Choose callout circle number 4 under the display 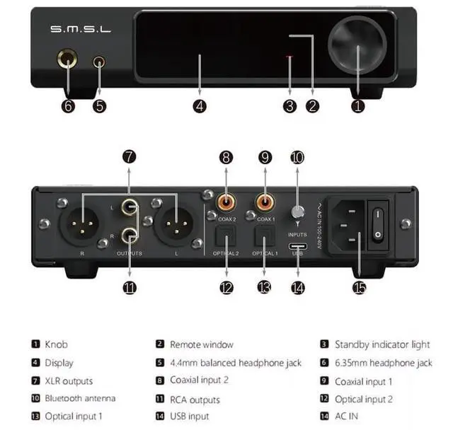pyautogui.click(x=200, y=106)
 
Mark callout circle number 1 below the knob pyautogui.click(x=357, y=106)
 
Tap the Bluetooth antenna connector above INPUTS pyautogui.click(x=297, y=211)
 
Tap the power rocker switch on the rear pyautogui.click(x=378, y=222)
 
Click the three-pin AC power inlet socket pyautogui.click(x=346, y=226)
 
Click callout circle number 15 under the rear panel pyautogui.click(x=360, y=288)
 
